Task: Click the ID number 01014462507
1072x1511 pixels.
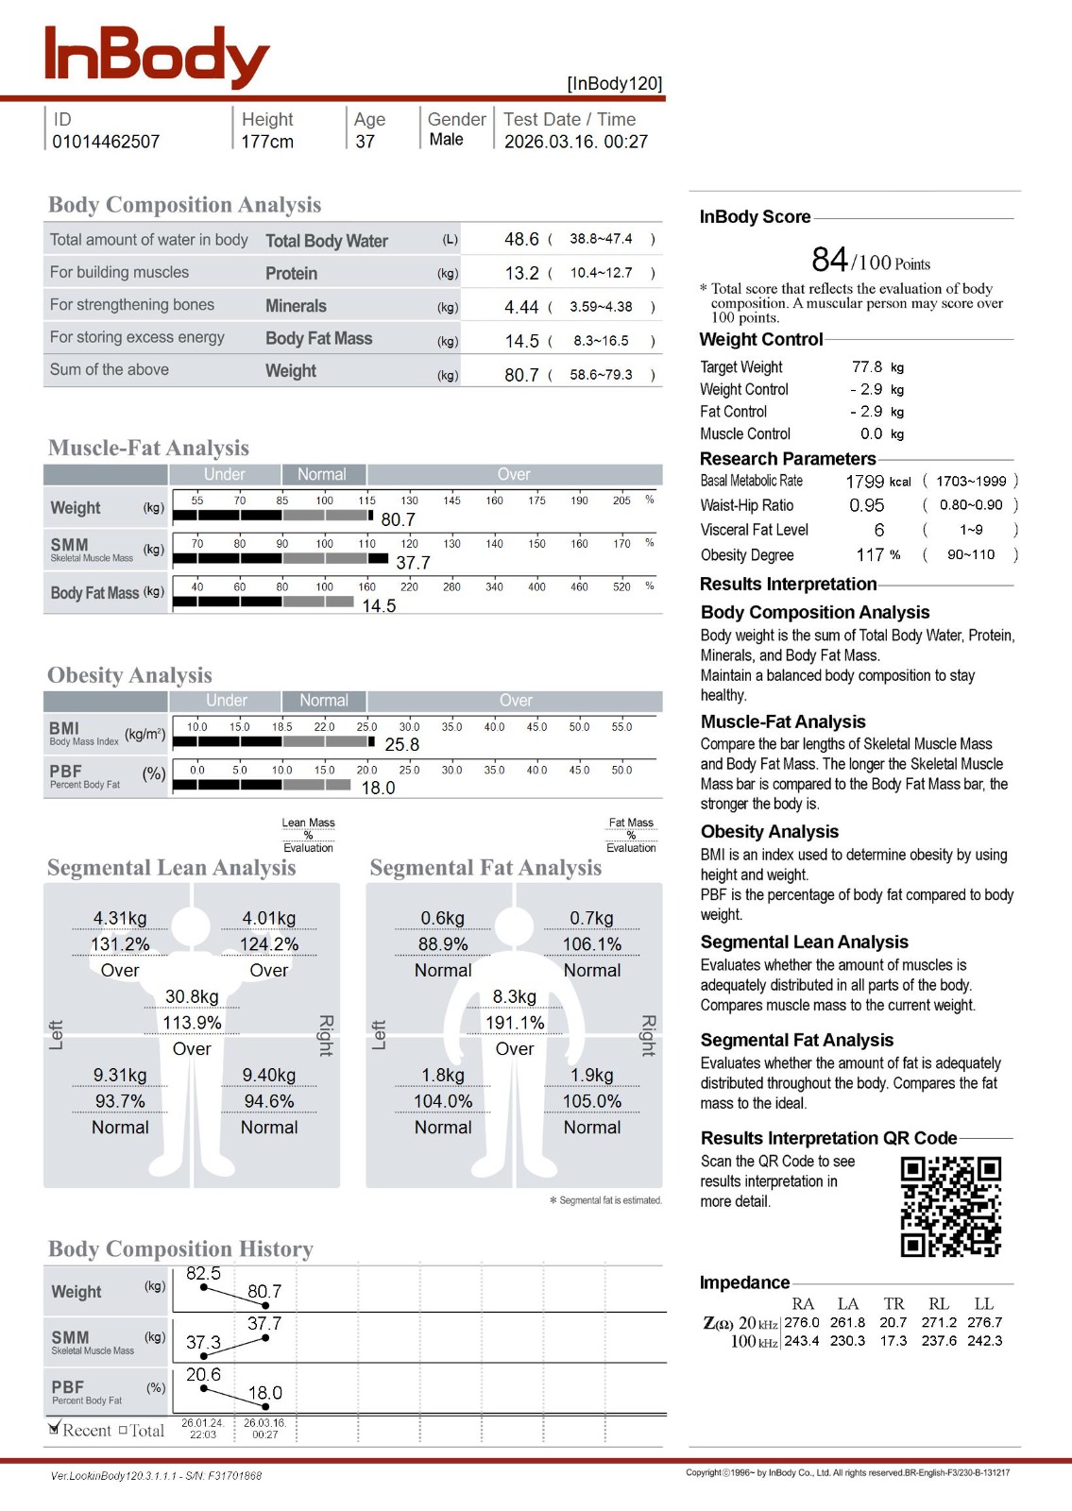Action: pos(106,142)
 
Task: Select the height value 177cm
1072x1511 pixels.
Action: pos(267,142)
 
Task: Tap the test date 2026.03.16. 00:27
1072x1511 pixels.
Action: pos(576,142)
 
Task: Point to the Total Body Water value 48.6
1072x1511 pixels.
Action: pos(521,240)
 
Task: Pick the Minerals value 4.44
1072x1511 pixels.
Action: pos(521,307)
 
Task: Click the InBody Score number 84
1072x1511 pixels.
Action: pos(829,260)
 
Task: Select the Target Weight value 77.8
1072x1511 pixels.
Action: pos(867,367)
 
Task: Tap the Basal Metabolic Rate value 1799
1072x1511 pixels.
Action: pos(864,482)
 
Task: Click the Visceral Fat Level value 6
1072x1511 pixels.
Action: pos(879,531)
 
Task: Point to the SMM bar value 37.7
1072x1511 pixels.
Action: pos(413,563)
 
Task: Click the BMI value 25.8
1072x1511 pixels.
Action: pos(401,745)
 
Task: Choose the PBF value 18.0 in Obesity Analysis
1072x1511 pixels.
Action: pos(378,789)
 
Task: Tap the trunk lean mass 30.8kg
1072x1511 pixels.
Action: pos(192,997)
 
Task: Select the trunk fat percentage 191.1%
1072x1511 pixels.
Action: pos(515,1023)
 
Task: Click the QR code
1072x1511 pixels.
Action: pos(950,1207)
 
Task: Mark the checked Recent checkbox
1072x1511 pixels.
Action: pos(55,1429)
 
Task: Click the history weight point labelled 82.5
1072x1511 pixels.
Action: pos(204,1287)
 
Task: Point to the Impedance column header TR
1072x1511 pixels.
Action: pos(893,1304)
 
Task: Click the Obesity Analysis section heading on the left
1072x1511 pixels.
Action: pos(130,675)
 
